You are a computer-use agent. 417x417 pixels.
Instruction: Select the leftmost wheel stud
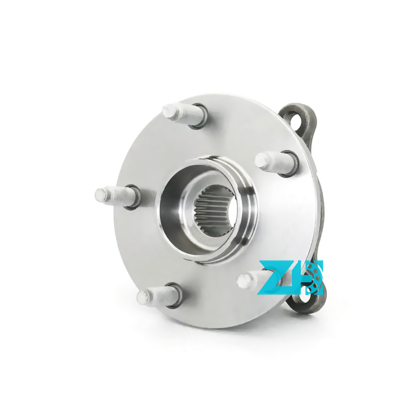[x=117, y=197]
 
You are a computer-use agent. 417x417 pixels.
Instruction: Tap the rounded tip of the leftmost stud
[x=101, y=194]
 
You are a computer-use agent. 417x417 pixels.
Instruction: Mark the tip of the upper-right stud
[x=261, y=161]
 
